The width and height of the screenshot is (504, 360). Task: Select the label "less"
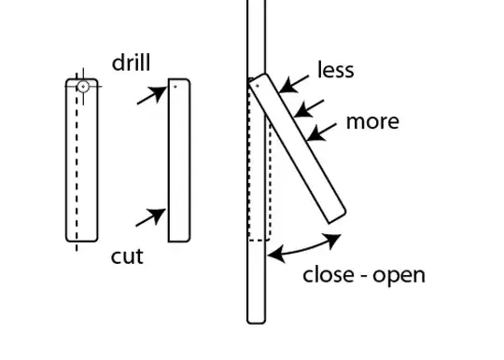coord(336,70)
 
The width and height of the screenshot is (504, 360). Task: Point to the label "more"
coord(372,121)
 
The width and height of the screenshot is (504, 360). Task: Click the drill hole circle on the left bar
coord(82,86)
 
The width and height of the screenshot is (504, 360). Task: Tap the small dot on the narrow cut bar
coord(175,86)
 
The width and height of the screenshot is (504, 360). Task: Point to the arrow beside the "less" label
coord(296,85)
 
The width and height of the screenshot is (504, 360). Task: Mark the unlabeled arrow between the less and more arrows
coord(310,107)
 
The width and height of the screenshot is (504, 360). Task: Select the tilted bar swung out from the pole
coord(299,149)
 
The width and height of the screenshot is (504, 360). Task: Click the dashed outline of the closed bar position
coord(259,168)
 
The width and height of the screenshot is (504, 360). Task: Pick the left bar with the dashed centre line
coord(81,160)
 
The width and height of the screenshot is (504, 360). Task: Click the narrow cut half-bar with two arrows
coord(179,160)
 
